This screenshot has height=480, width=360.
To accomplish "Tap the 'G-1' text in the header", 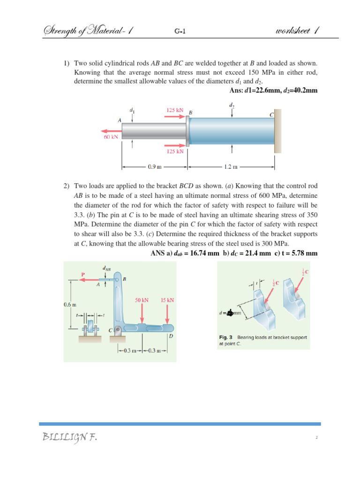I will [x=180, y=32].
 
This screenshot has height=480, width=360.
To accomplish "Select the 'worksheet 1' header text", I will [x=298, y=31].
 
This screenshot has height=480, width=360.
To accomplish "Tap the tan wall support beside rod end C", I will [x=278, y=131].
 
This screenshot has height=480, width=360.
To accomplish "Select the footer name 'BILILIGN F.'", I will [x=70, y=438].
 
